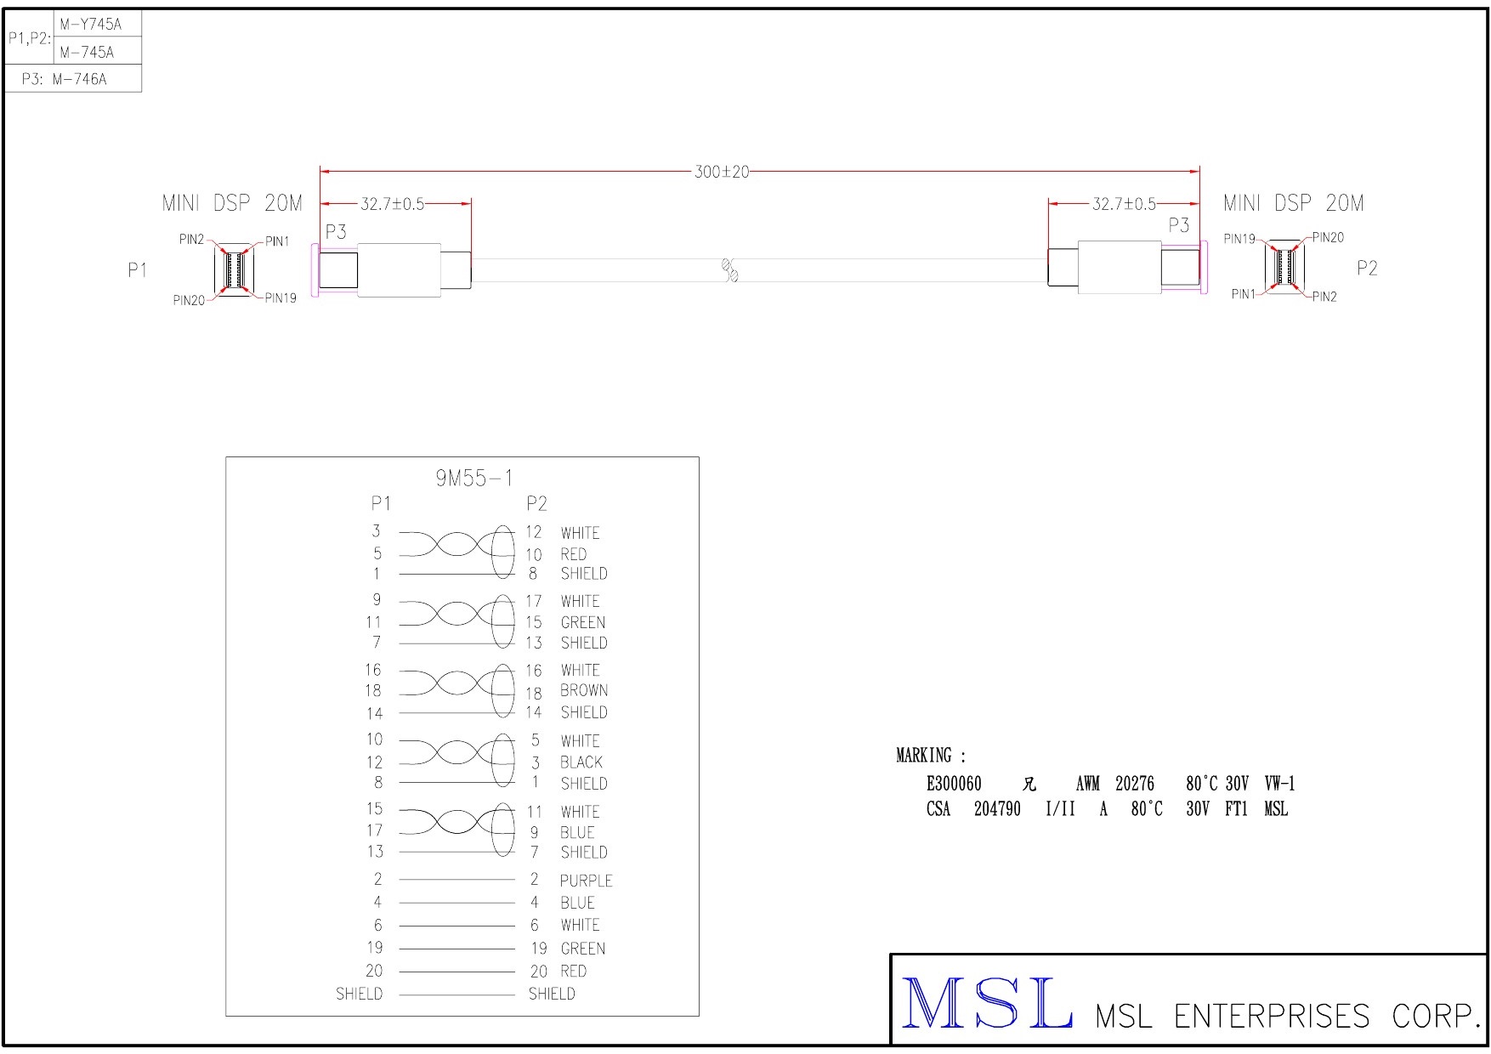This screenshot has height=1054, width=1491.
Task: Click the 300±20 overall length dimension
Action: coord(722,172)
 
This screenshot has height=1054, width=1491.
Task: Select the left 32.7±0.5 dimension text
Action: coord(392,204)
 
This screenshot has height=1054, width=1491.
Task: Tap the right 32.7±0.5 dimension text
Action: coord(1124,204)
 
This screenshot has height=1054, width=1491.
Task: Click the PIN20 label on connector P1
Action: coord(189,301)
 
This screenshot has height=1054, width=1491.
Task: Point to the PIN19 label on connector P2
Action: coord(1239,239)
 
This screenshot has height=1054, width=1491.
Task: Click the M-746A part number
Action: coord(79,80)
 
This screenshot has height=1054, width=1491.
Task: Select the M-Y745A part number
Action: coord(90,25)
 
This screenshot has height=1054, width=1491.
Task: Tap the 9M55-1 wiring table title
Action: coord(474,479)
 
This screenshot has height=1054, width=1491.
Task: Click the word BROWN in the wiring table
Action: coord(584,690)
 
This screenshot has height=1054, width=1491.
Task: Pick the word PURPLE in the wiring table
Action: coord(586,881)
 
